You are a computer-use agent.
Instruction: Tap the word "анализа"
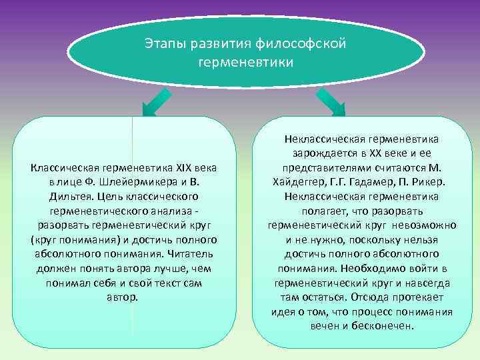point(169,211)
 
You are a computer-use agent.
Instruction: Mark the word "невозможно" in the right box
point(424,225)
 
